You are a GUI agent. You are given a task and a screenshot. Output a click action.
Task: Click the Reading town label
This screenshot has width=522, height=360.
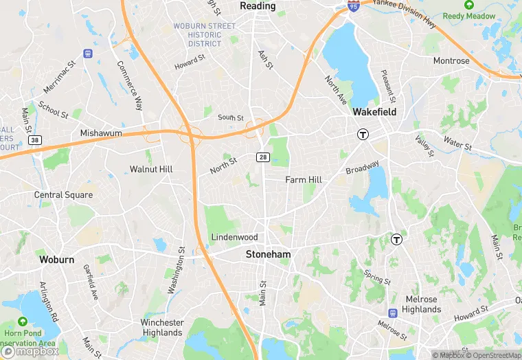pyautogui.click(x=258, y=6)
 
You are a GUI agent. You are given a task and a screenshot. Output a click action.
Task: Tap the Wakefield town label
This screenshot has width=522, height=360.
pyautogui.click(x=374, y=111)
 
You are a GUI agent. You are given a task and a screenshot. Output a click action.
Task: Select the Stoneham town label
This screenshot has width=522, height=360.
pyautogui.click(x=269, y=254)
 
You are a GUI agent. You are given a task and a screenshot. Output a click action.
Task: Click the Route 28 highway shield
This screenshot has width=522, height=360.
pyautogui.click(x=262, y=157)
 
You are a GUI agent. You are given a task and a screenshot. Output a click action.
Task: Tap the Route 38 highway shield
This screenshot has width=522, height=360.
pyautogui.click(x=34, y=140)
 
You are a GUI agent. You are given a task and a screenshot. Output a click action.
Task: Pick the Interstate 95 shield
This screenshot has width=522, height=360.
pyautogui.click(x=353, y=6)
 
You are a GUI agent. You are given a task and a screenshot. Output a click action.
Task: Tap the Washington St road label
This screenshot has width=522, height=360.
pyautogui.click(x=177, y=271)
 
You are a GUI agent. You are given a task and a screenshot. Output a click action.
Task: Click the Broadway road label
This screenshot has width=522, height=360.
pyautogui.click(x=362, y=168)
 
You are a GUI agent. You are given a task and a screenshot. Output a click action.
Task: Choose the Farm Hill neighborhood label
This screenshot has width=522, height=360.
pyautogui.click(x=304, y=180)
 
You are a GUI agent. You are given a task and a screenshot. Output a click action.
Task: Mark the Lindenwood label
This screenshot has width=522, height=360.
pyautogui.click(x=234, y=237)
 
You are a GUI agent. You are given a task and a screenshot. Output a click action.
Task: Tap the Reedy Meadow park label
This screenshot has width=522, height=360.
pyautogui.click(x=469, y=16)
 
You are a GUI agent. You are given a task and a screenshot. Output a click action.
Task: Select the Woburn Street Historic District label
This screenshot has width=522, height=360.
pyautogui.click(x=204, y=35)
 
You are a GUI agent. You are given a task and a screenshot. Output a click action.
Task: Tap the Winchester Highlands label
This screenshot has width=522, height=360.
pyautogui.click(x=162, y=328)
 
